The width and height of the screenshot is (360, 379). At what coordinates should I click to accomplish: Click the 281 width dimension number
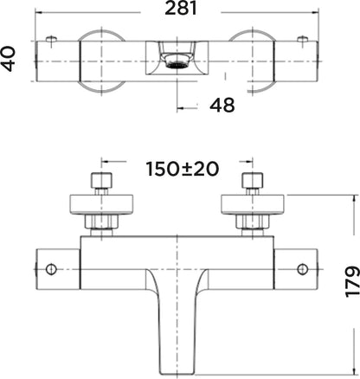tap(181, 8)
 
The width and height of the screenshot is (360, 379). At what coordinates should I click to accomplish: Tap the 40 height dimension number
tap(9, 59)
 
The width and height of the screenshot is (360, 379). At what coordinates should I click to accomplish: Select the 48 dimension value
tap(222, 105)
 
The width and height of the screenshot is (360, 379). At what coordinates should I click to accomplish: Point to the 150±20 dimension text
tap(183, 169)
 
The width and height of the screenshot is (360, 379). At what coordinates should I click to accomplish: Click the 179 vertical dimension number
tap(352, 282)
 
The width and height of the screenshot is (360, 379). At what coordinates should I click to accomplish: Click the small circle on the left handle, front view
tap(51, 269)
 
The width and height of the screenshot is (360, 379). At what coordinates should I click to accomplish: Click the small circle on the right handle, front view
tap(302, 269)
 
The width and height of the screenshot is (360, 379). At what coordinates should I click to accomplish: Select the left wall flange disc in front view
tap(101, 205)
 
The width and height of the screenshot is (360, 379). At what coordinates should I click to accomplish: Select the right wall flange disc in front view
tap(253, 205)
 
